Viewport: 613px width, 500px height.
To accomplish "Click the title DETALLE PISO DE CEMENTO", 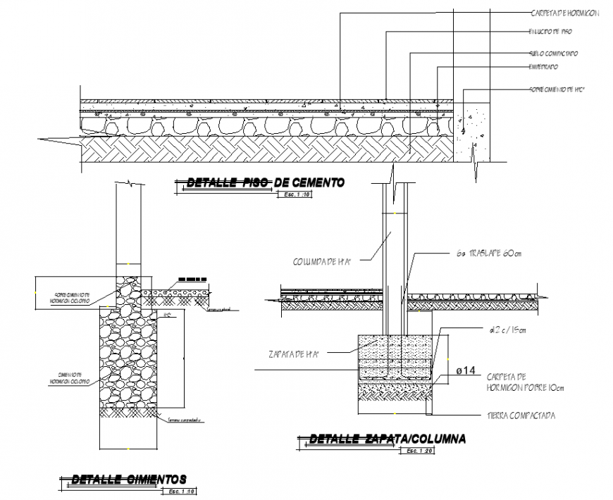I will pos(265,182).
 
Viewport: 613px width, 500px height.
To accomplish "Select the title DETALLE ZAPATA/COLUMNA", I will pos(387,439).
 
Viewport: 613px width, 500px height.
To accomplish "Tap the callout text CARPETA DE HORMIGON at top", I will pos(564,13).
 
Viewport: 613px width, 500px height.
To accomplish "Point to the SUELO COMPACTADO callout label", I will pos(554,53).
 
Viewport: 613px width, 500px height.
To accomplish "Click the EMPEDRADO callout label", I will pos(543,67).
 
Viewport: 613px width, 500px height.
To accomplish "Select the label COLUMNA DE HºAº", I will pos(322,261).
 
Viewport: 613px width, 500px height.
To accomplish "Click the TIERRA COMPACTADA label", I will pos(521,415).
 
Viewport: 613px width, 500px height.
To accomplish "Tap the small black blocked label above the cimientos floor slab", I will pos(192,280).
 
